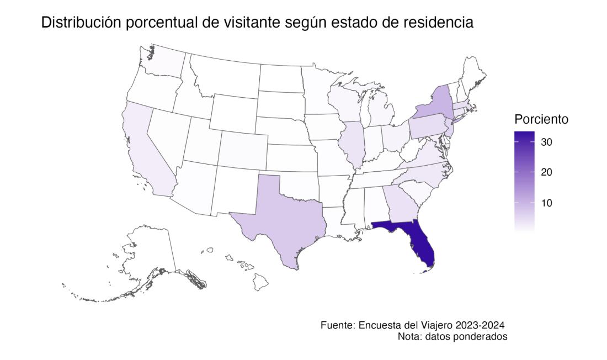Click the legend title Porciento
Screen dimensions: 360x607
(x=541, y=119)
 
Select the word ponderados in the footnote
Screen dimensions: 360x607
(x=481, y=336)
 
